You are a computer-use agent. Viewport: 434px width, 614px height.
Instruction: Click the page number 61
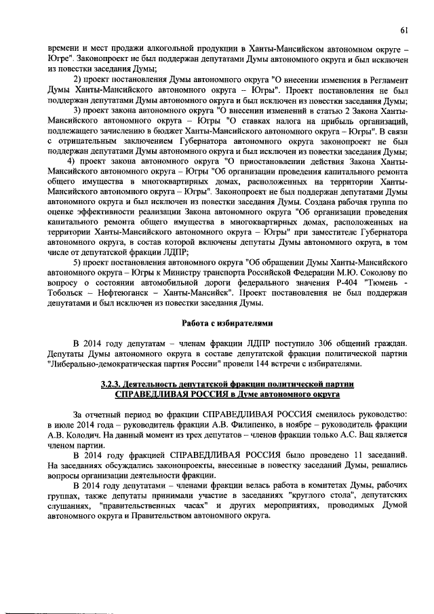(403, 29)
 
